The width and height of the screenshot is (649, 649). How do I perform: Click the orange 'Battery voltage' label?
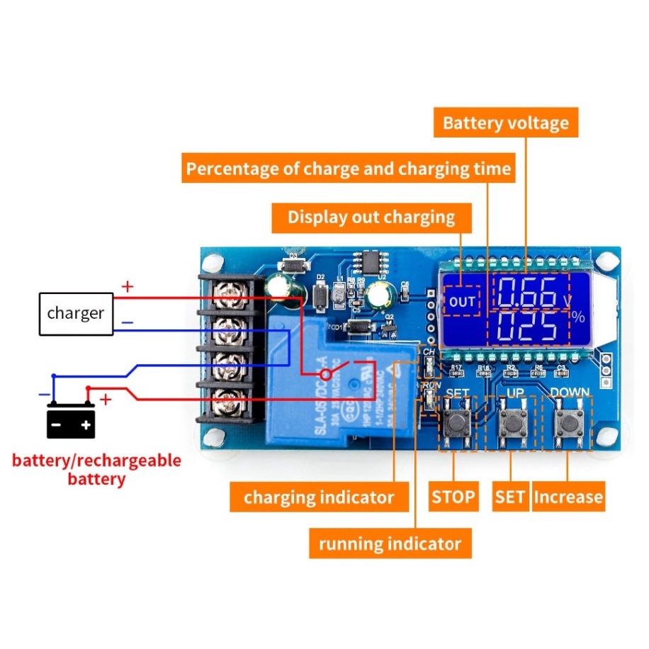pos(505,123)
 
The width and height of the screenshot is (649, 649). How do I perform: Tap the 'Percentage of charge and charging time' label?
pos(348,169)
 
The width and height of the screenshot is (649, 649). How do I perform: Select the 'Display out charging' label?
pos(371,217)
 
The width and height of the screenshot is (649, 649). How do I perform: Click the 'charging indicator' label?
pos(319,497)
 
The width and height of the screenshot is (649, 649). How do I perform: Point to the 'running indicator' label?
pos(390,544)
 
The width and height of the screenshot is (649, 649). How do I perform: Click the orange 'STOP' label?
pos(453,497)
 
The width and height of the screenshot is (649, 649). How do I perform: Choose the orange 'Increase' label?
pos(568,497)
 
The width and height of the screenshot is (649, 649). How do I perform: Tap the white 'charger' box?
pos(75,313)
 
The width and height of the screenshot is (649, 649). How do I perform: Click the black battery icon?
pos(71,422)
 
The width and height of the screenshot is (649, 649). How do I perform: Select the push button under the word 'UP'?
pos(512,423)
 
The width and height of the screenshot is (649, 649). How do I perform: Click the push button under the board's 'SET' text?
pos(458,423)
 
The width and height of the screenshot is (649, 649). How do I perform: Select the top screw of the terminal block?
pos(230,290)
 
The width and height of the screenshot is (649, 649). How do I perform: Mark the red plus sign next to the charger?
pos(128,287)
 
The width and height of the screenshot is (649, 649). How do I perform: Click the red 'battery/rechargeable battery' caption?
pos(96,469)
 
